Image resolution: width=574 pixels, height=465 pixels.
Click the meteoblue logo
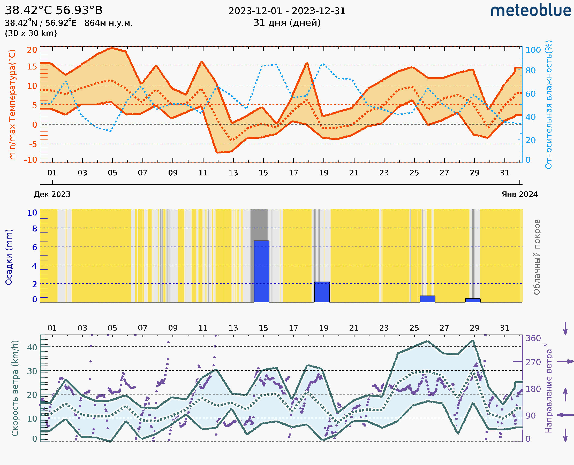point(531,11)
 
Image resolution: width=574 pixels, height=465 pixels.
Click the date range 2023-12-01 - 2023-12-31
point(287,11)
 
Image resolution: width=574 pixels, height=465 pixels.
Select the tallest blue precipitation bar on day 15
point(261,271)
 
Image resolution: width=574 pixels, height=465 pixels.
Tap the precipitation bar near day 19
point(322,292)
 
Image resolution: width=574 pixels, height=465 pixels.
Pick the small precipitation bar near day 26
point(427,299)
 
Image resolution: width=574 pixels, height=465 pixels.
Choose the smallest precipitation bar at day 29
point(473,300)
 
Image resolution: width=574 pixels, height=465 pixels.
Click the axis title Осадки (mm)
point(9,257)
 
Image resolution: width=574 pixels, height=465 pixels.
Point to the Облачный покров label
point(537,257)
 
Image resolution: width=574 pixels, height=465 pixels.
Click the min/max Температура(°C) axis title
point(12,104)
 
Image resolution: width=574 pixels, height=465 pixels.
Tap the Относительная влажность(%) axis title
point(548,104)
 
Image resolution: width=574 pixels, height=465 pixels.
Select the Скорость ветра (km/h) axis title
point(15,388)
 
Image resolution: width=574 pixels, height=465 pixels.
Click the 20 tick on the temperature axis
point(32,50)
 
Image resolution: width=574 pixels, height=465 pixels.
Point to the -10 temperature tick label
point(31,160)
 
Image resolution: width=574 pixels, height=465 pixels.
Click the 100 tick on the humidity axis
point(533,50)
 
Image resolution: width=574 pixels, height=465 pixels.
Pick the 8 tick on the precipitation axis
point(35,228)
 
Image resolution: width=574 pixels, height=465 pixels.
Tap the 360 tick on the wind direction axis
point(533,338)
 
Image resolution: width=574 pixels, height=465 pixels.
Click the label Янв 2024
point(520,195)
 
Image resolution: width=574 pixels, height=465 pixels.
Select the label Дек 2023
point(52,195)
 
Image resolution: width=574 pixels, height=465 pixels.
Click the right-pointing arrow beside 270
point(565,362)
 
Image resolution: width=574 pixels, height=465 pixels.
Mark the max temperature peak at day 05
point(112,48)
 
